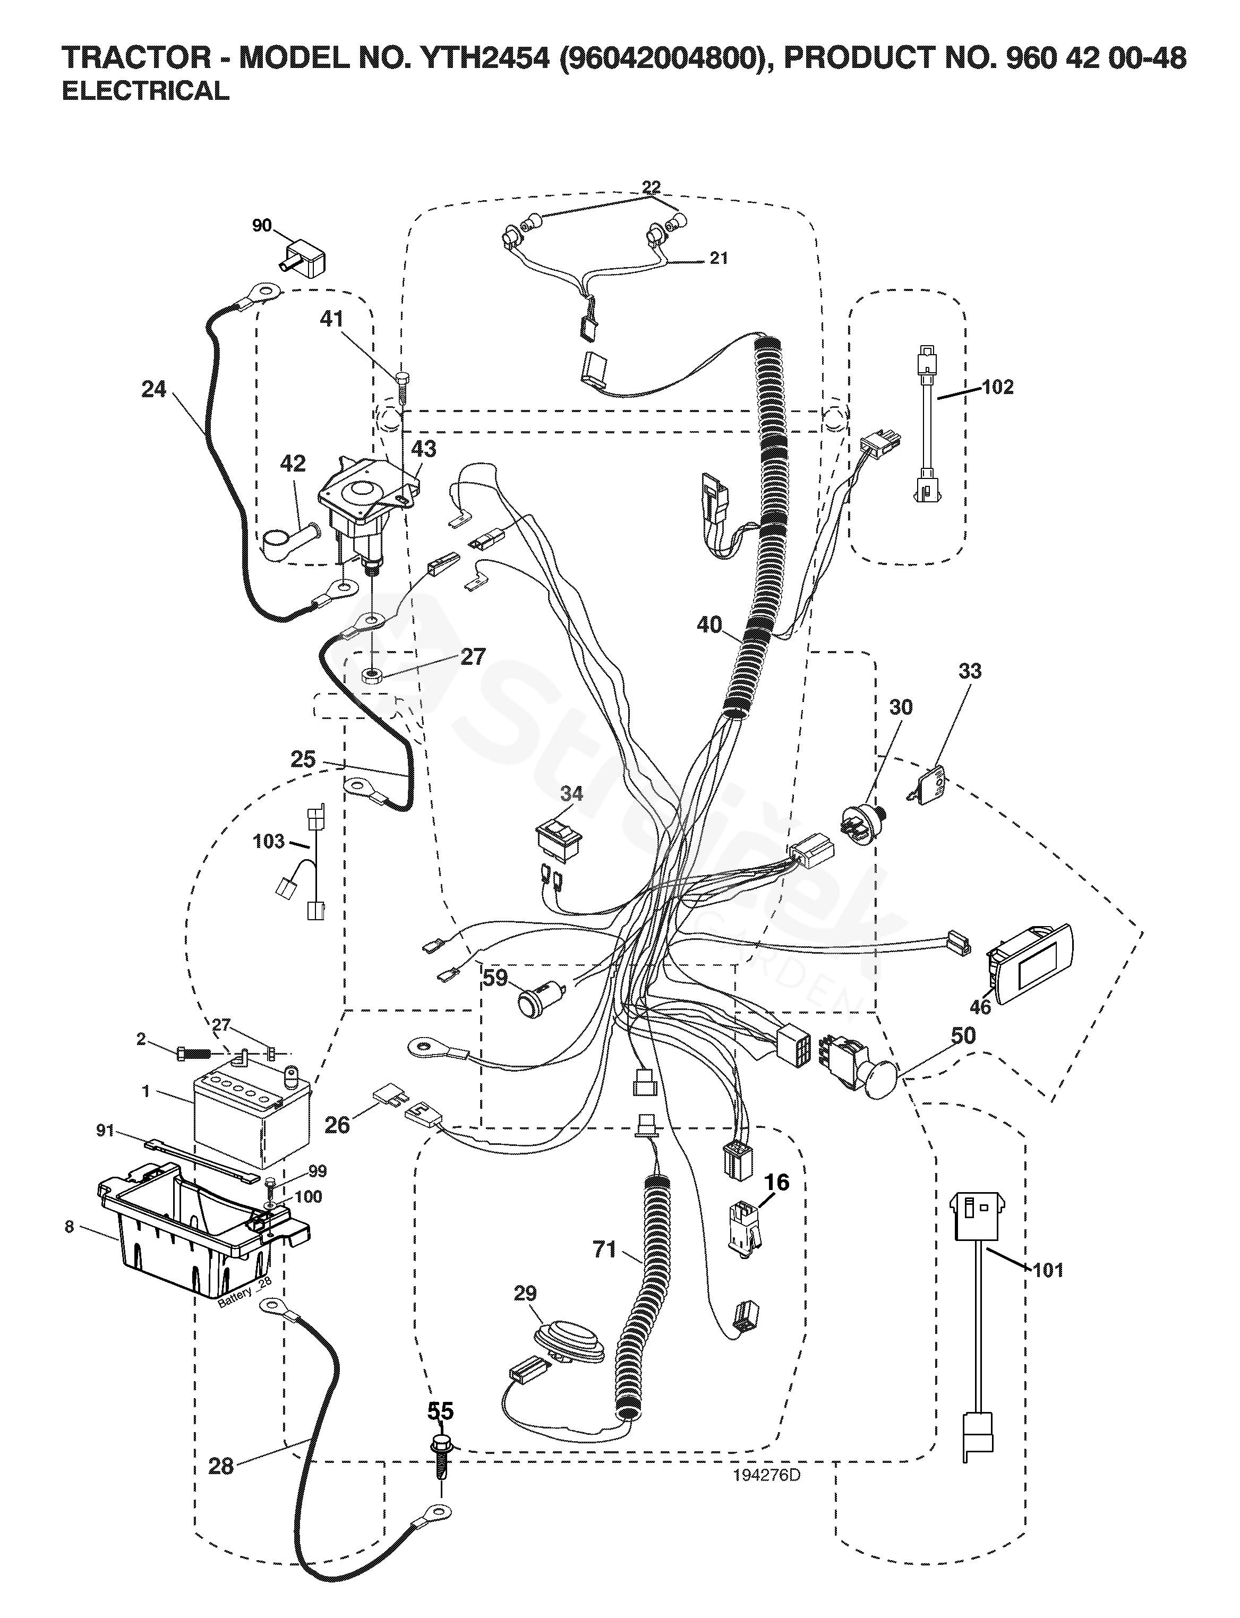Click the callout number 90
pyautogui.click(x=262, y=225)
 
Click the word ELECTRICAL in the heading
pyautogui.click(x=146, y=91)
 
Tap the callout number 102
pyautogui.click(x=998, y=387)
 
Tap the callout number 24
pyautogui.click(x=153, y=389)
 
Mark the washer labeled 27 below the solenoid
pyautogui.click(x=371, y=676)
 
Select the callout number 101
pyautogui.click(x=1048, y=1270)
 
